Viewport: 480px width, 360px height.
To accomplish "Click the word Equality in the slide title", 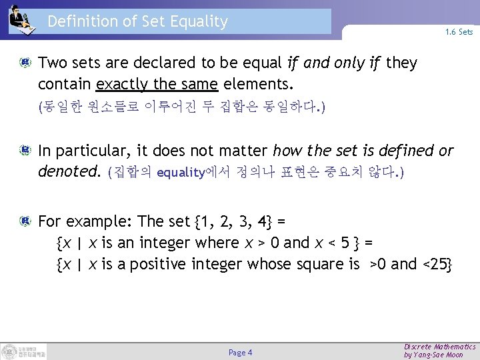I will pos(199,21).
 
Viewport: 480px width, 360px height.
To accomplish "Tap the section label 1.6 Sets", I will pos(459,32).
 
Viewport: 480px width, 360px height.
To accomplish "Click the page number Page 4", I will pos(240,352).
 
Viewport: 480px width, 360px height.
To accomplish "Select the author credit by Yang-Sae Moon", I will pos(433,355).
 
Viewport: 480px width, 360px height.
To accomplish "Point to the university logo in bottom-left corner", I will pos(23,351).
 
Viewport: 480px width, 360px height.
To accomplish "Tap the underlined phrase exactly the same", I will pos(157,85).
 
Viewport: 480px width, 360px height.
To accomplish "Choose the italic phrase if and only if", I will pos(334,63).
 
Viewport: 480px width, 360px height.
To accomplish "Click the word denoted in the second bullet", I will pos(68,172).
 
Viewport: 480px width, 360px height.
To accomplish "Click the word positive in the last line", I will pos(158,264).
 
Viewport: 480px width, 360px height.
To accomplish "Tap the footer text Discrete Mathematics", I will pos(440,347).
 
